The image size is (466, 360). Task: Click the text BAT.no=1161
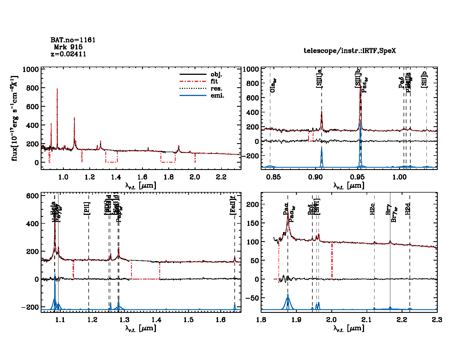73,40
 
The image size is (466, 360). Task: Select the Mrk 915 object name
68,47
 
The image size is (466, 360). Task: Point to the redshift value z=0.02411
68,54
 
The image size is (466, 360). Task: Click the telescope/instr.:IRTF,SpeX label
350,51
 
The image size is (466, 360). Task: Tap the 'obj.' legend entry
216,75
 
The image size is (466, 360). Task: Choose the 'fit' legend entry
214,82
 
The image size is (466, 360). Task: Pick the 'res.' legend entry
216,89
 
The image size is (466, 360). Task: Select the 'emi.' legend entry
217,96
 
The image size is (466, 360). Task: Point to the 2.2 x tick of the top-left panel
221,177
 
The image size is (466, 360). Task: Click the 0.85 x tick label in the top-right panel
274,177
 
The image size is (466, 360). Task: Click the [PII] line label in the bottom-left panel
87,208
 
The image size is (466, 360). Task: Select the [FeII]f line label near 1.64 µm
233,206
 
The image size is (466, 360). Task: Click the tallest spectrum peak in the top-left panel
57,89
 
